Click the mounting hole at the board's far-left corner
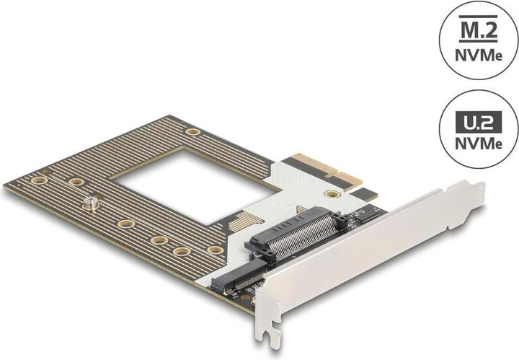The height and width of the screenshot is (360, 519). coord(39,180)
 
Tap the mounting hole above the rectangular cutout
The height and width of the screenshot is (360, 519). coord(192,131)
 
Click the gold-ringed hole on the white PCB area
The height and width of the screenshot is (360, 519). coord(332,194)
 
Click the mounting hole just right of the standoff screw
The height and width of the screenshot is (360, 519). coord(125,224)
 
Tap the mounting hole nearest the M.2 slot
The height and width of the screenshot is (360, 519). coord(215,250)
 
